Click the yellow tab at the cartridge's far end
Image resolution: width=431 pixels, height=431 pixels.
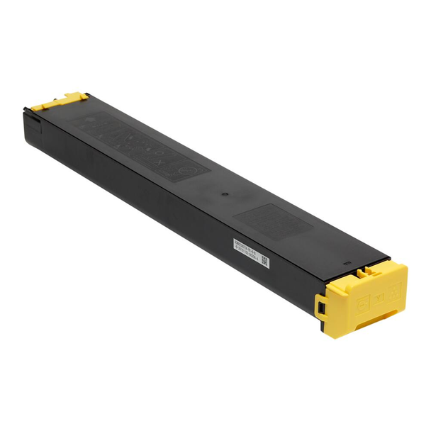[x=65, y=101]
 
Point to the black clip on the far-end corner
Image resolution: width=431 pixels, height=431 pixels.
[x=29, y=110]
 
